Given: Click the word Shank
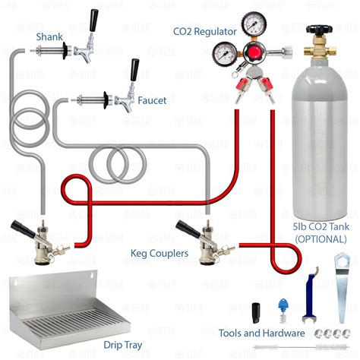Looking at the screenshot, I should (50, 36).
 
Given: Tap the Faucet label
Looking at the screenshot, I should (152, 100).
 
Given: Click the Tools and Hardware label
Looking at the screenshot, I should (261, 333).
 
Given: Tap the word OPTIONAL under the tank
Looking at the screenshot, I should (317, 239).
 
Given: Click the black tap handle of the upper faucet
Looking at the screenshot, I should (94, 19).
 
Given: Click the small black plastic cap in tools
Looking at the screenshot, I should (257, 311).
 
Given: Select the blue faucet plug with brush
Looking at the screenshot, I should (283, 309).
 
